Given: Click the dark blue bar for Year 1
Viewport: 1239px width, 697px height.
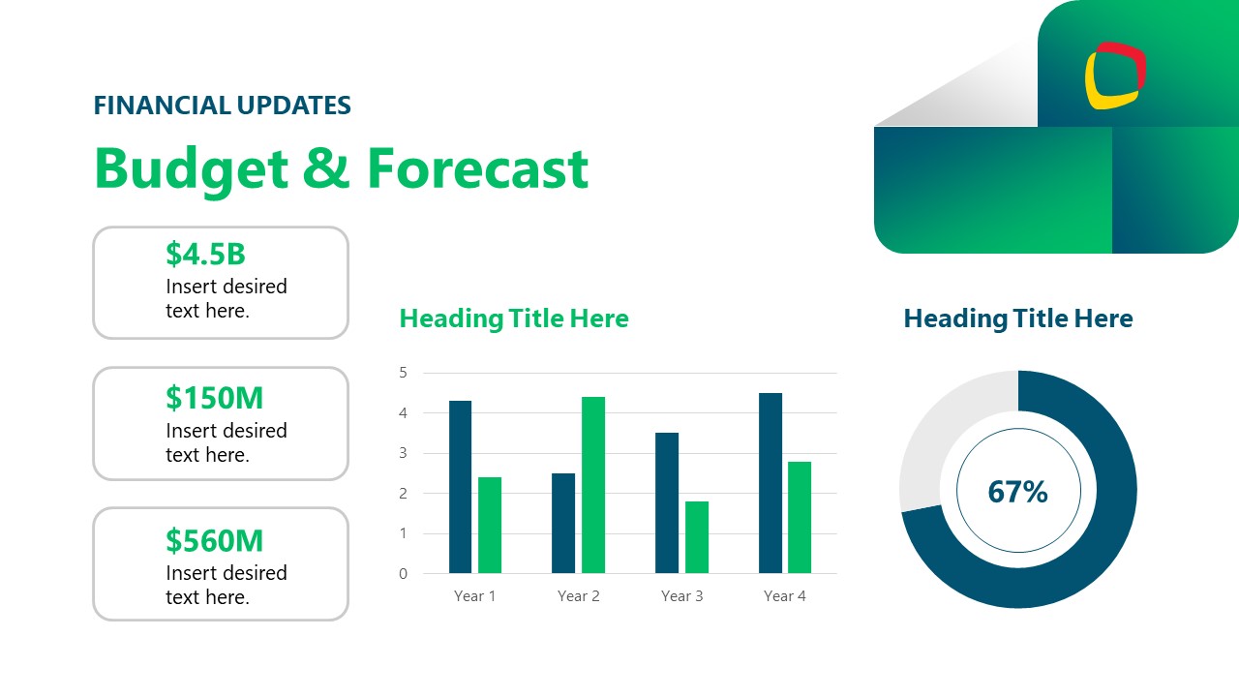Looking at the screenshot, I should (x=460, y=487).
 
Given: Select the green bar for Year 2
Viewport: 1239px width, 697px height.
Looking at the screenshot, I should (x=592, y=485).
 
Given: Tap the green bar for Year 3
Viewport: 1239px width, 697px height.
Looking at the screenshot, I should (x=696, y=537).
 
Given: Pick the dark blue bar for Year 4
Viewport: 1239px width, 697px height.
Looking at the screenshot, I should (x=771, y=483).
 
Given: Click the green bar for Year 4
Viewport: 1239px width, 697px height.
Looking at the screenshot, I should (x=799, y=518).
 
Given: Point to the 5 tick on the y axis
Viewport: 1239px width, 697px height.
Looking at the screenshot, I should (x=404, y=373).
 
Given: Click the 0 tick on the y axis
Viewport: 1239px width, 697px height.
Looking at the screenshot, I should (x=404, y=573).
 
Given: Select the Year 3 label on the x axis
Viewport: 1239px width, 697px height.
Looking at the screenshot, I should (x=681, y=596).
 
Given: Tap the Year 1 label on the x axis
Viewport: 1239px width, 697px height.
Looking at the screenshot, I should (x=474, y=596).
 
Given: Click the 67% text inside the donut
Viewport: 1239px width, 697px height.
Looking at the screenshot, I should (x=1017, y=492).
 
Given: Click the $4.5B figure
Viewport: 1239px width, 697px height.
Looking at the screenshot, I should (x=205, y=254).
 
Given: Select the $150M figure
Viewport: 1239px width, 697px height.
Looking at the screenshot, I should (x=214, y=398).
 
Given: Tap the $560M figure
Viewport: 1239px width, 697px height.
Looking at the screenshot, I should (x=214, y=540).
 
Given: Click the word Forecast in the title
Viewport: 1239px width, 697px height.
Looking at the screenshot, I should (x=477, y=168).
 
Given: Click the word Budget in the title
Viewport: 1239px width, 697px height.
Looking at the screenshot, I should (x=191, y=168).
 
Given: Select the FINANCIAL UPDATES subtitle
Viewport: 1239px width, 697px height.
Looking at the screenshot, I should (x=222, y=106).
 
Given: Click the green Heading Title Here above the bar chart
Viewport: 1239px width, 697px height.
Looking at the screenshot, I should (x=513, y=318).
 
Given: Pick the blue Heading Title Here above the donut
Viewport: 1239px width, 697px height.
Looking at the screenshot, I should (x=1017, y=318).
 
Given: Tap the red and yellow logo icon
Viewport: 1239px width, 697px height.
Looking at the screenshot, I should (x=1115, y=75).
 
